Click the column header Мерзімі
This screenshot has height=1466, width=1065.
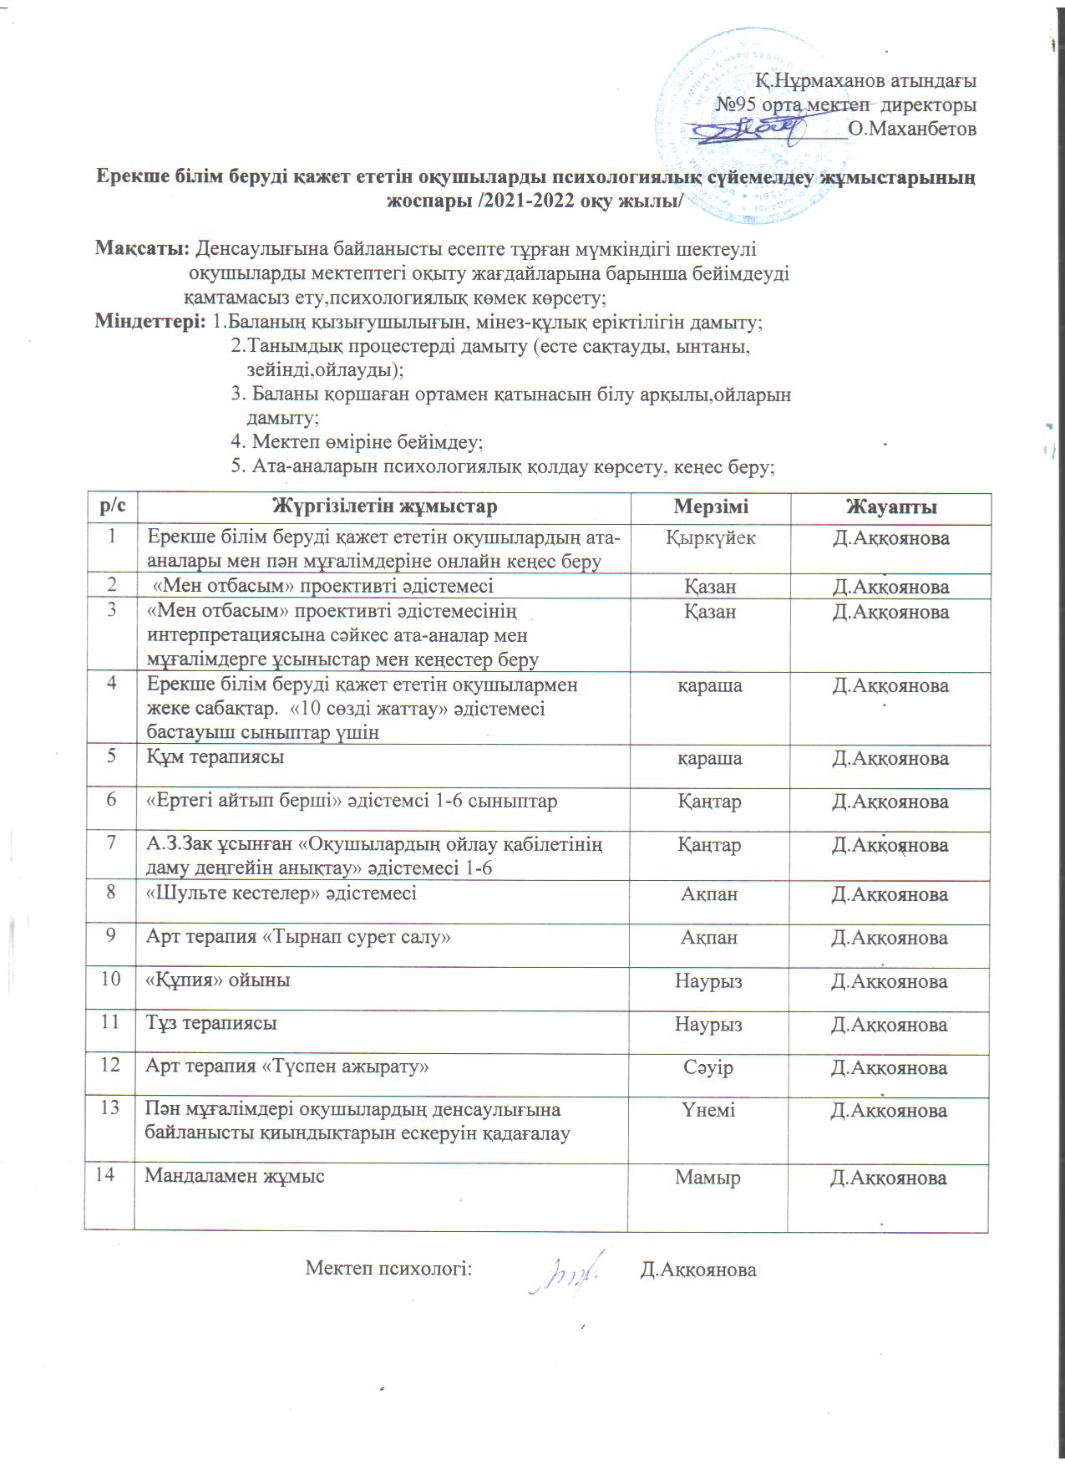[x=711, y=506]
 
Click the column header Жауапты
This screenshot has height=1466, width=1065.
[x=890, y=506]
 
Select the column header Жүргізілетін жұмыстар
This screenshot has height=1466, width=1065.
[x=385, y=506]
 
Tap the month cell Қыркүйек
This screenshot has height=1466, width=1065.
[x=711, y=538]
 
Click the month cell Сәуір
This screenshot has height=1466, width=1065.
[x=711, y=1068]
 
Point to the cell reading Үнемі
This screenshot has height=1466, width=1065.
[x=711, y=1111]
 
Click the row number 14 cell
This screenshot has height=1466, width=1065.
[x=105, y=1175]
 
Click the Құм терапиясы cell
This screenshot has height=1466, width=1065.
[x=215, y=757]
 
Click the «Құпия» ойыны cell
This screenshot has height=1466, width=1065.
[x=218, y=980]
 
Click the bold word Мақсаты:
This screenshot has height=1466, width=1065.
[x=143, y=249]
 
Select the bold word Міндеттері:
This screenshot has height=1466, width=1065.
[x=150, y=322]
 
